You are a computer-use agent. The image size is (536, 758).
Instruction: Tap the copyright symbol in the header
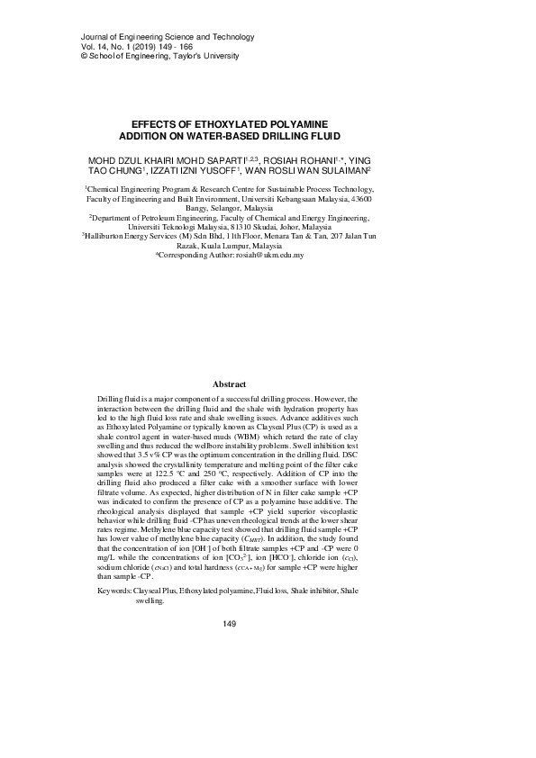[x=59, y=56]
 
